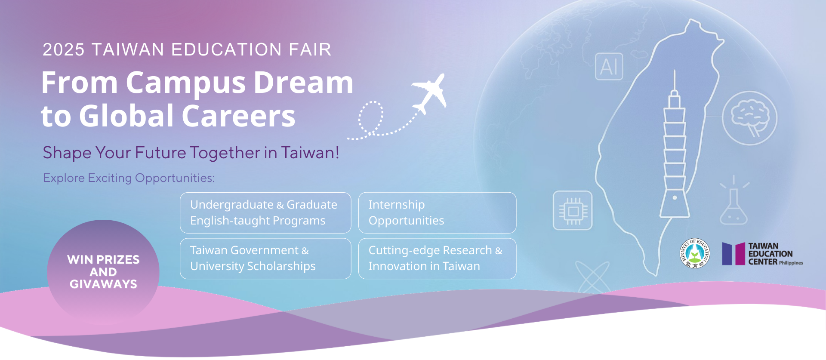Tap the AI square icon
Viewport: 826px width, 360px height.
(x=609, y=67)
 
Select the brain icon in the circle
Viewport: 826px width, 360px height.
(x=749, y=118)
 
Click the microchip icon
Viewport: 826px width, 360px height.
(x=573, y=210)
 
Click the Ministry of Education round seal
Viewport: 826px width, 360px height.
(x=695, y=253)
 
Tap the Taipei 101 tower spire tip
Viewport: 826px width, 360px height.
(x=675, y=70)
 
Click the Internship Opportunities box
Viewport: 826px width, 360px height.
(x=437, y=213)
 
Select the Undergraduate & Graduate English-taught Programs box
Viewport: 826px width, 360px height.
(x=265, y=213)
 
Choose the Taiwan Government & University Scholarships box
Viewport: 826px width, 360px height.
(x=265, y=258)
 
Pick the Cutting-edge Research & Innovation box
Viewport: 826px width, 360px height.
(x=437, y=258)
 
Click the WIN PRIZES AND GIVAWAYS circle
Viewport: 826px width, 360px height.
(x=103, y=272)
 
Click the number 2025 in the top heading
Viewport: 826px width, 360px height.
(x=64, y=50)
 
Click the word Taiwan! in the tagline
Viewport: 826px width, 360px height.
(x=310, y=153)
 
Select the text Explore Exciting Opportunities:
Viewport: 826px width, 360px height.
(x=129, y=178)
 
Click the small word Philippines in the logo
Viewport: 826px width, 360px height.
(x=791, y=263)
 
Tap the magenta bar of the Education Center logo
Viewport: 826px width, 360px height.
(x=740, y=254)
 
